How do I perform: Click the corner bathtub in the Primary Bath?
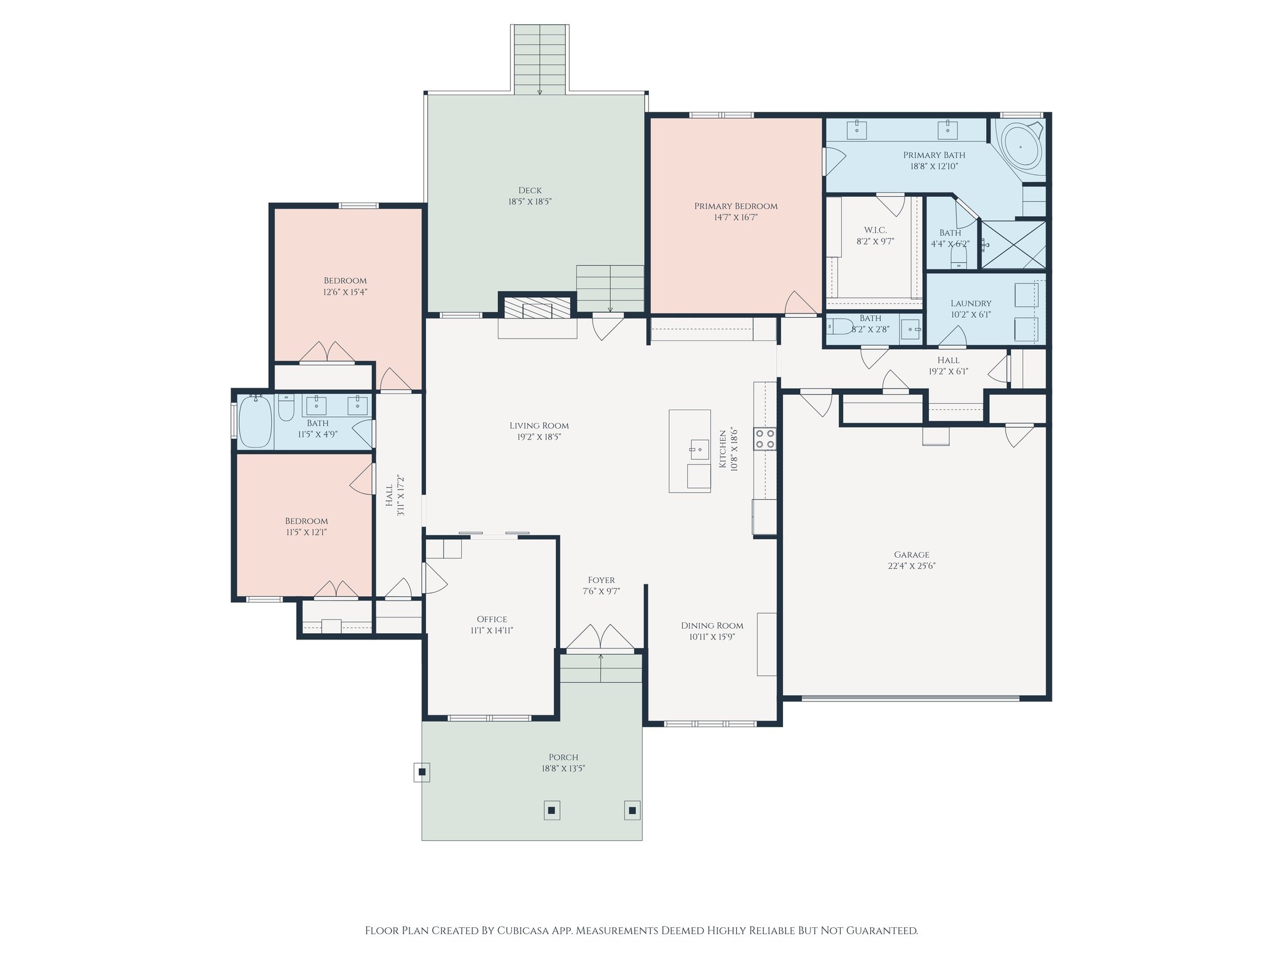(x=1021, y=146)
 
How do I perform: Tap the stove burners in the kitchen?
(x=764, y=438)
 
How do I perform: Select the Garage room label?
(x=912, y=555)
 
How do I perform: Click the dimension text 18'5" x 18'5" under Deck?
(x=530, y=202)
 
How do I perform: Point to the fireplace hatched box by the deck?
(x=537, y=308)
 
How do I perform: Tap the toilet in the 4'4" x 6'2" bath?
(x=959, y=256)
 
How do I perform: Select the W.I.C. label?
(x=875, y=230)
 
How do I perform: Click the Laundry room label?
(x=970, y=303)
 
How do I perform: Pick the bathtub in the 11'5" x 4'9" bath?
(x=256, y=420)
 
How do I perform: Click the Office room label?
(x=492, y=619)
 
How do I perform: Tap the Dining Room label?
(x=712, y=626)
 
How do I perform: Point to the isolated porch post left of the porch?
(x=422, y=771)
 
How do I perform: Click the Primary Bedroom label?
(x=735, y=206)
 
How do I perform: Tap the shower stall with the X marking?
(x=1013, y=245)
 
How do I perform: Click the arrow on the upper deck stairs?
(x=539, y=92)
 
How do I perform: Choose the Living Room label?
(x=539, y=426)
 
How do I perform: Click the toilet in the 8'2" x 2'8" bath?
(x=839, y=327)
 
